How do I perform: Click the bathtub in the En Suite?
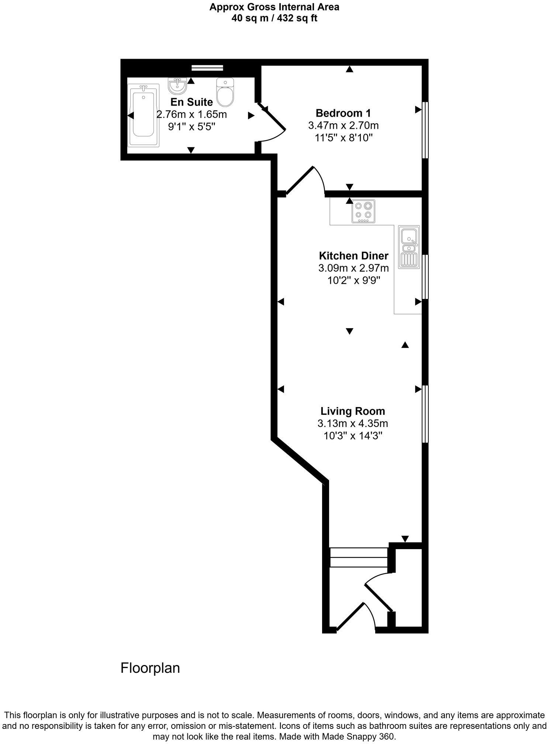tap(144, 115)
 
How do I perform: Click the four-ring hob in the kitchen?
tap(363, 211)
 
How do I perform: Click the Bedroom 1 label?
tap(343, 113)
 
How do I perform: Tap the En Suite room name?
tap(191, 102)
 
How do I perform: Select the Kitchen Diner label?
tap(353, 256)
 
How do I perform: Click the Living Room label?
tap(352, 411)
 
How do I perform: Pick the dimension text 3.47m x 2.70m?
tap(343, 125)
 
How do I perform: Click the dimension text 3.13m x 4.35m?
tap(352, 423)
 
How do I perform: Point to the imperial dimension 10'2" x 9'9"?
tap(353, 280)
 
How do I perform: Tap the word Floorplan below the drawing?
tap(150, 668)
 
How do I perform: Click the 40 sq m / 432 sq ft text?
tap(274, 18)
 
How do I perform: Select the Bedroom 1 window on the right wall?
tap(425, 130)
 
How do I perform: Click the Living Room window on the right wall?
tap(425, 414)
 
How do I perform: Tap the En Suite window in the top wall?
tap(207, 68)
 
